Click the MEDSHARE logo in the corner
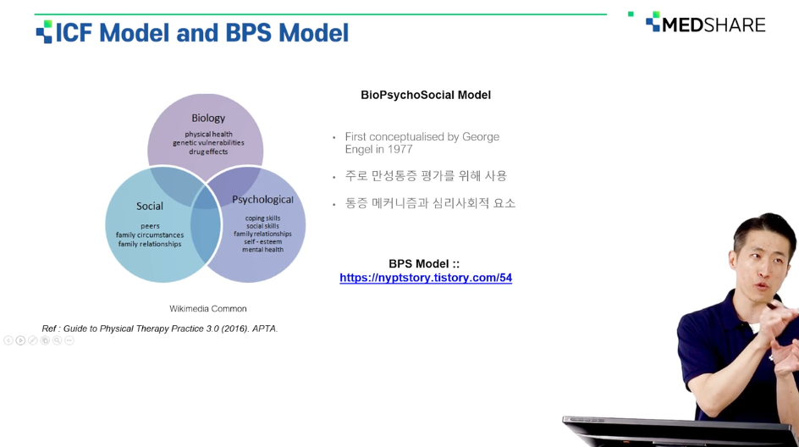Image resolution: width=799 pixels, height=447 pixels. (x=706, y=24)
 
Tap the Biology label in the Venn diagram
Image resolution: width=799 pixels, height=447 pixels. (x=208, y=119)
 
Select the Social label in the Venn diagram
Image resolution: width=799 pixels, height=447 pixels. (x=149, y=206)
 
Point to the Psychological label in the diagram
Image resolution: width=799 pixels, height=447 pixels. (x=262, y=200)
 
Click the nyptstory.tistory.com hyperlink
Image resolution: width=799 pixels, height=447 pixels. (x=426, y=278)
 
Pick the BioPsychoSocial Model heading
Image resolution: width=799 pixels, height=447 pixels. (x=426, y=95)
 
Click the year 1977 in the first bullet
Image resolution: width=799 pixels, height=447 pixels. (x=399, y=149)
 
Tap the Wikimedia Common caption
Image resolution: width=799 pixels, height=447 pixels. (x=208, y=309)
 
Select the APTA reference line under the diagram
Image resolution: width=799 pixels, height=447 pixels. (x=159, y=328)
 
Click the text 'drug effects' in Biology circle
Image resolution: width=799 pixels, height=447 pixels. (x=208, y=152)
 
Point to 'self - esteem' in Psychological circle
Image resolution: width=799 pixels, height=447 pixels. (x=262, y=241)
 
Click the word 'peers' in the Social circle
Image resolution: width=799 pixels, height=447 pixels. (x=150, y=226)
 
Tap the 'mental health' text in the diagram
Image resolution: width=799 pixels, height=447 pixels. (x=262, y=249)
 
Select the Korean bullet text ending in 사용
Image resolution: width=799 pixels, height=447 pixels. (x=426, y=176)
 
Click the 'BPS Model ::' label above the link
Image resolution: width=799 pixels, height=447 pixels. (x=424, y=264)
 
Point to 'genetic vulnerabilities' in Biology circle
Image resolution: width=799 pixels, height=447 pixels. (x=208, y=143)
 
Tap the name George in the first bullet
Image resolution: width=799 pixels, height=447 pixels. (x=481, y=137)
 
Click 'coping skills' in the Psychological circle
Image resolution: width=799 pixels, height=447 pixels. (x=262, y=218)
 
